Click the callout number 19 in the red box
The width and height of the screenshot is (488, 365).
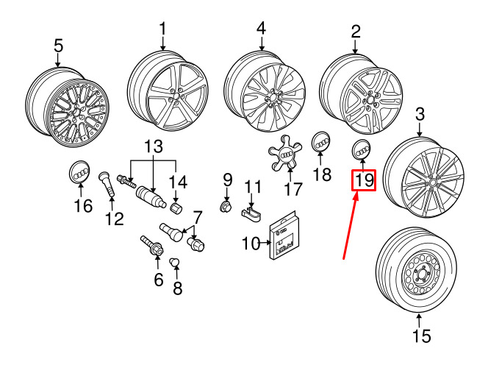pos(364,180)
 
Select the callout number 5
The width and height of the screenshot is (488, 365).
pos(58,46)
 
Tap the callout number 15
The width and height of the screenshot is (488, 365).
pos(422,336)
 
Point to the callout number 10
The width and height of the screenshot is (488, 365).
pos(251,244)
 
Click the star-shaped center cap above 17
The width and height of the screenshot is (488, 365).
pos(284,153)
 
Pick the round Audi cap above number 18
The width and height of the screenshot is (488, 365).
pos(320,142)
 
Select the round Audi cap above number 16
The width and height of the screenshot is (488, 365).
pos(79,171)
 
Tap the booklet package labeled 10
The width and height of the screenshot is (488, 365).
pos(283,235)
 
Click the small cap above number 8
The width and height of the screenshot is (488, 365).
pos(175,262)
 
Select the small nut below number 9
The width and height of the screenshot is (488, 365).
pos(226,206)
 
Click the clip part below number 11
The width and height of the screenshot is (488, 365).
pos(251,214)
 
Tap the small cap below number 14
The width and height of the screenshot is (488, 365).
pos(177,207)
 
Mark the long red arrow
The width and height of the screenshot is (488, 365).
pos(351,225)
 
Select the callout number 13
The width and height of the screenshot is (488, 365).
pos(154,146)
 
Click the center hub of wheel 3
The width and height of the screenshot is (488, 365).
pos(431,183)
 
